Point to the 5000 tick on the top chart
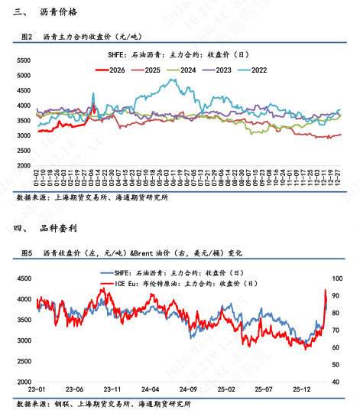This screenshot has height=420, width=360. click(23, 77)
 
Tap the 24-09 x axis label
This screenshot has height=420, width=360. click(190, 389)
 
